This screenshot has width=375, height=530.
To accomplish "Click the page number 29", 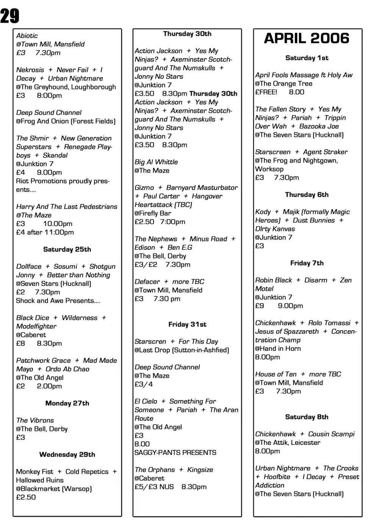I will pos(10,16).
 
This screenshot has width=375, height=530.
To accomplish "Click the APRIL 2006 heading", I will pos(306,38).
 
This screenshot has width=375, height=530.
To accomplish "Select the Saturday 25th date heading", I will pos(67,249).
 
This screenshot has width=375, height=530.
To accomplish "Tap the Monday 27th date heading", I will pos(67,403).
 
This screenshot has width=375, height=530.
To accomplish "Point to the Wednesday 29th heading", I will pos(67,454).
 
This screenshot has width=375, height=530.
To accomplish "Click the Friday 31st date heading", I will pos(187,324).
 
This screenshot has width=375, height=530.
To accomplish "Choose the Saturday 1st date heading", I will pos(307,58).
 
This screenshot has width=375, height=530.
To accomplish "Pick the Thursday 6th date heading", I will pos(307,195).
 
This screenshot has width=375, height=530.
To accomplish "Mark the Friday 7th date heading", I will pos(307,263).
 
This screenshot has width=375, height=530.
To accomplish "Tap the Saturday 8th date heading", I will pos(307,417).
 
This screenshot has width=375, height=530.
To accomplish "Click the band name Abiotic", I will pos(27,36).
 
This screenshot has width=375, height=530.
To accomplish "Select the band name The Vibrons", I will pos(35,420).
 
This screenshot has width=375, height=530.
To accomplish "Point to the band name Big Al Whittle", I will pos(156,162).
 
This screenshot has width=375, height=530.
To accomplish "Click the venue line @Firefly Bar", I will pos(153,213).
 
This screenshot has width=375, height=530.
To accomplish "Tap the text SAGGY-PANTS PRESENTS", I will pos(175,452).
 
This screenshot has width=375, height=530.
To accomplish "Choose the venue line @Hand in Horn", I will pos(278,349).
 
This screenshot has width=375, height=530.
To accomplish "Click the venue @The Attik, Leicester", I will pos(287,443).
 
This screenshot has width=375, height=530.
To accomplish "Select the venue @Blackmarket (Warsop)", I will pos(54,489).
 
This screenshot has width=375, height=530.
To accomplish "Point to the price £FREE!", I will pos(266,92).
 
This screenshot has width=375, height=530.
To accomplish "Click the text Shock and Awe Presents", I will pos(58,301).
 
